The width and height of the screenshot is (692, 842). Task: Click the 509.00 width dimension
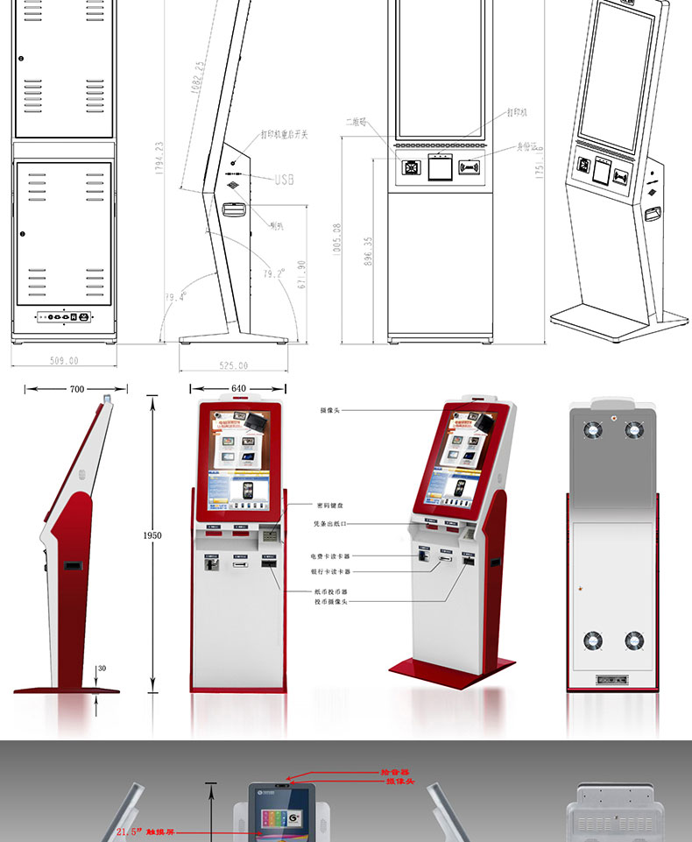[64, 360]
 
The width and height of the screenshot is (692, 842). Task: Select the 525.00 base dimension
[233, 365]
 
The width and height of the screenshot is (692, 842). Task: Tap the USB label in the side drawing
[284, 180]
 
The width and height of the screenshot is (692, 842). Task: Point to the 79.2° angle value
[274, 273]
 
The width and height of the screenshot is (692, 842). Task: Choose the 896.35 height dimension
[369, 251]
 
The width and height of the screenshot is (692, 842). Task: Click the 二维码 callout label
[357, 122]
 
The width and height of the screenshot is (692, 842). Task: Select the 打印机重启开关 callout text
[284, 136]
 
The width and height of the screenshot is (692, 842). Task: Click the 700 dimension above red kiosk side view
[77, 388]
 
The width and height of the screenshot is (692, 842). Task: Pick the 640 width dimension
[238, 388]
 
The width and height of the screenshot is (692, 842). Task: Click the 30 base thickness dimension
[102, 669]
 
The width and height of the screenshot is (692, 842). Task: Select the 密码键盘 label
[329, 506]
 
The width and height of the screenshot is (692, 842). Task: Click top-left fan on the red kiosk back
[591, 430]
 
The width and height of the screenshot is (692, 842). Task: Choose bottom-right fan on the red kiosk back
[634, 640]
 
